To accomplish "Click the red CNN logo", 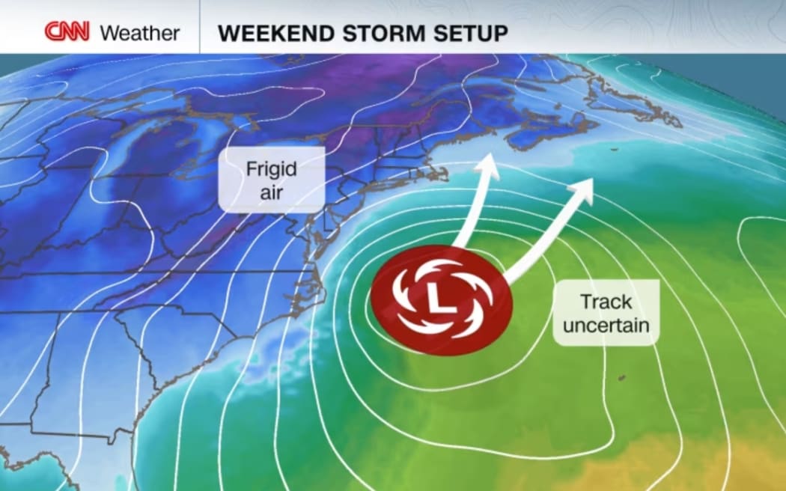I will [x=67, y=32].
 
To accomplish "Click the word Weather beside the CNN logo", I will [x=140, y=33].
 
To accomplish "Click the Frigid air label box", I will [x=271, y=180].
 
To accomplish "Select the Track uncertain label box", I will [x=606, y=313].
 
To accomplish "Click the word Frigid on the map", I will [x=271, y=168].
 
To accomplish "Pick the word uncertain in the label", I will [x=606, y=326].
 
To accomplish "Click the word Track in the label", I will [x=606, y=302].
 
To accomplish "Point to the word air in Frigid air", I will [x=271, y=192].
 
